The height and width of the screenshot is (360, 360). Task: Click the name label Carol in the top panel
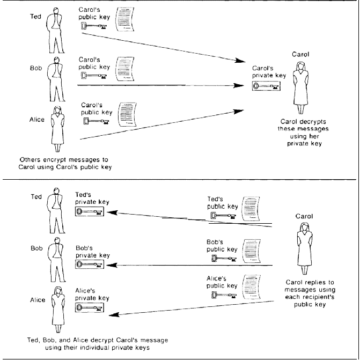[x=300, y=54]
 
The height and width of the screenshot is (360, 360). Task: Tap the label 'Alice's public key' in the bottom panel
[x=222, y=282]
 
